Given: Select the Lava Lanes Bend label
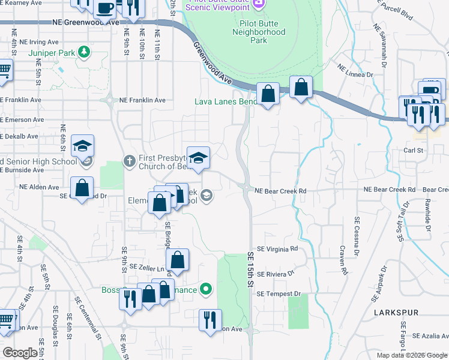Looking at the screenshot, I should coord(225,101).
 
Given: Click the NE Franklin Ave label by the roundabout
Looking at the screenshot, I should coord(142,100).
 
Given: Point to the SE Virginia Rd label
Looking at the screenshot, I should coord(277,248).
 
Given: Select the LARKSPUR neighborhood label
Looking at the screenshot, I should coord(394,313).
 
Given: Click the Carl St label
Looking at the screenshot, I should coord(414,151).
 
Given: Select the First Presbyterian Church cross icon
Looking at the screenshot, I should coord(128,160).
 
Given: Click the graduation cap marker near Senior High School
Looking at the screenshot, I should coord(83,146).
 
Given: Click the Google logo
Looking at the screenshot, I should coord(20,353).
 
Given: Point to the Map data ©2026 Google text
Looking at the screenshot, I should coord(411,355).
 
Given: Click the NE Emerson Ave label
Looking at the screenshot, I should coord(22,119).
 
